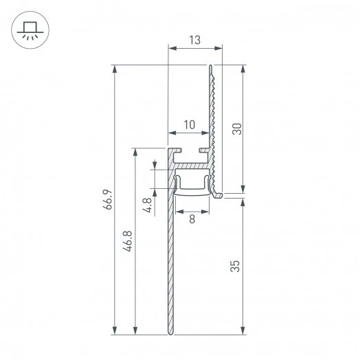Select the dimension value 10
coord(189,124)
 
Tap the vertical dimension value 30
coord(236,129)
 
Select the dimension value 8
coord(192,219)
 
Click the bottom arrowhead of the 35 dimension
coord(243,332)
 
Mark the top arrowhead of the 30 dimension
coord(243,69)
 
